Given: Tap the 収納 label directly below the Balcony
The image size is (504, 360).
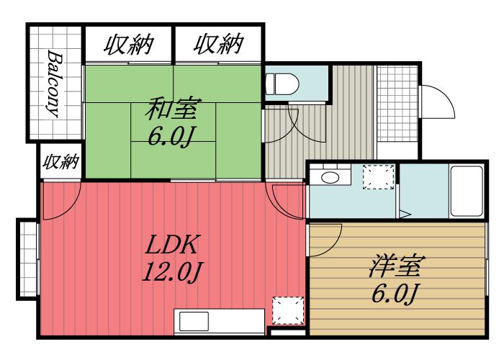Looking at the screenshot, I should point(60,161).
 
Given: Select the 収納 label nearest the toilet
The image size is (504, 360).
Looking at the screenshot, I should point(217,45).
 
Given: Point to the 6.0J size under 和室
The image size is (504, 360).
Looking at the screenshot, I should point(171,137).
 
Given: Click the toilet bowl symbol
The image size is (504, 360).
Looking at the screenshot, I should point(283,84).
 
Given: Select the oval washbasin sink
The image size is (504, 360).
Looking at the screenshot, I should point(330,178).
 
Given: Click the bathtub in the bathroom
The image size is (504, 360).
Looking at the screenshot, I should point(467,191).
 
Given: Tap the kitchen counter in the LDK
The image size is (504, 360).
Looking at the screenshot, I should point(220,321).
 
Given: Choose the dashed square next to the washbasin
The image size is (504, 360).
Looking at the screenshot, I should point(378,177).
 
